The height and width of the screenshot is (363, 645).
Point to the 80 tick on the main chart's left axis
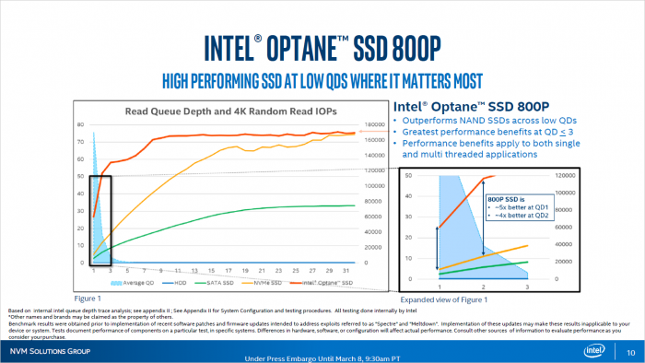80,124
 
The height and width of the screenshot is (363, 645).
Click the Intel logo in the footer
598,351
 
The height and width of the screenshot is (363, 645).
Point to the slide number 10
630,351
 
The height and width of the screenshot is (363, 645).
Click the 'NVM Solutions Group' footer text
50,351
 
